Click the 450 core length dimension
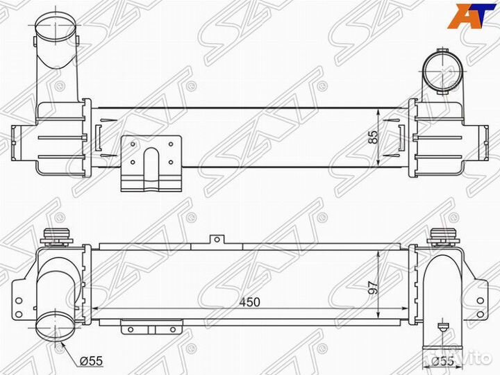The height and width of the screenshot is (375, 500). coord(250,301)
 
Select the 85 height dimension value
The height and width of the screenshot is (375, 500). coord(374,137)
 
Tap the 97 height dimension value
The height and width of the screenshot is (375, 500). coord(374,287)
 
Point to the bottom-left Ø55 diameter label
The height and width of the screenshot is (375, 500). coord(91,360)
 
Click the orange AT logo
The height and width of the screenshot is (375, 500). coord(467,15)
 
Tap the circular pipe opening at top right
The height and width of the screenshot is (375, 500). coord(442,71)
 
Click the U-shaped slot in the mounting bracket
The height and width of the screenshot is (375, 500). coord(151,166)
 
